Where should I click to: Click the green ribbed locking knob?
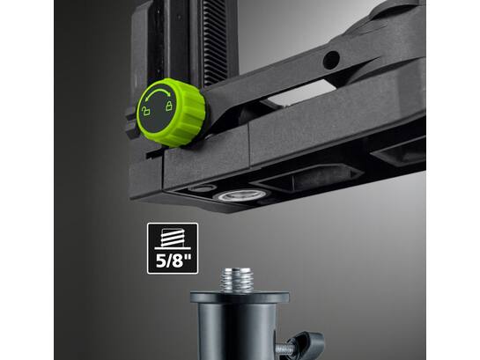point(172,113)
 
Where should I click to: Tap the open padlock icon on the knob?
point(146,111)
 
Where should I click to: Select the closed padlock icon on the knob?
point(169,106)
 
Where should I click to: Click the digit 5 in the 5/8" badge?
point(161,261)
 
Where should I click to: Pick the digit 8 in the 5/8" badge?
point(177,261)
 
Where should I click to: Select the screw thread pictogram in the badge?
point(173,239)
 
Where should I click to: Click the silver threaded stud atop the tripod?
point(237,280)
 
